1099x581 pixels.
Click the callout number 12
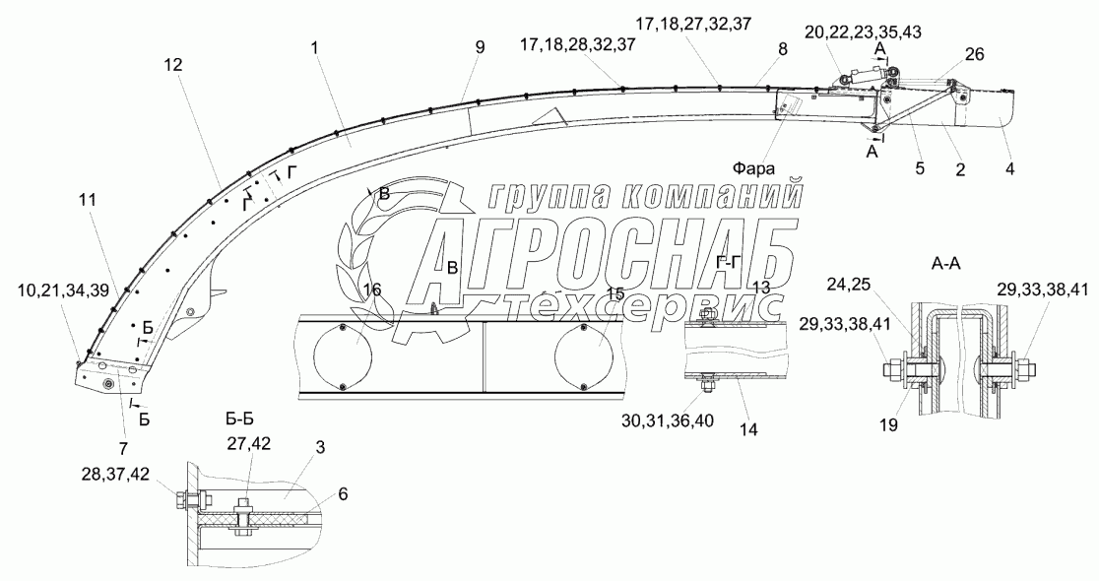pyautogui.click(x=173, y=65)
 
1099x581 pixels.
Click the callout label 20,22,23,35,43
pyautogui.click(x=873, y=32)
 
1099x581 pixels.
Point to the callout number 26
pyautogui.click(x=975, y=53)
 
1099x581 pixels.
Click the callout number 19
pyautogui.click(x=888, y=424)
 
